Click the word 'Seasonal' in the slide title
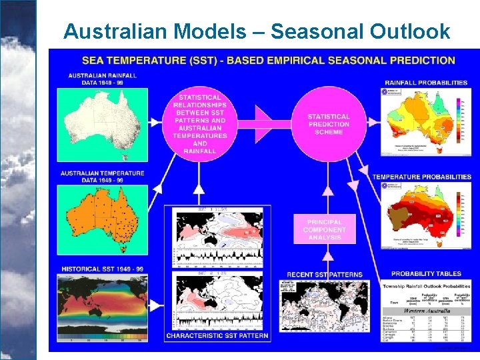click(317, 31)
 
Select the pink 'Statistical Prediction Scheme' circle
click(329, 124)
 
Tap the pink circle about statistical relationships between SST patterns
click(199, 124)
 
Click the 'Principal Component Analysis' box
click(325, 230)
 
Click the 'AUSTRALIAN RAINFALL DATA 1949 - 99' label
click(102, 79)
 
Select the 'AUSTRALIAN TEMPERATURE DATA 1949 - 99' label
click(102, 177)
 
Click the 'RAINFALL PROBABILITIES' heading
click(426, 83)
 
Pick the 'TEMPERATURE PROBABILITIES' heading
click(421, 177)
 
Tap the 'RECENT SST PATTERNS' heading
click(325, 274)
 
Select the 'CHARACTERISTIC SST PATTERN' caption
click(217, 335)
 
